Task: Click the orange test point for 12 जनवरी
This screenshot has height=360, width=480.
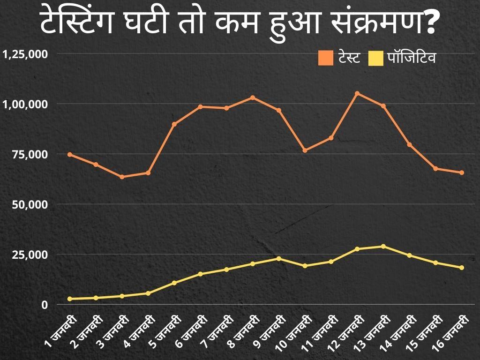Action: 357,93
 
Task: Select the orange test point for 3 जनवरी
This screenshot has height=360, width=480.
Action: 122,177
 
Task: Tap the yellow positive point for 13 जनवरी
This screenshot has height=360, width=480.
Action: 383,247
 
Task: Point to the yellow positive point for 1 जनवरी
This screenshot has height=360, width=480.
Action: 70,299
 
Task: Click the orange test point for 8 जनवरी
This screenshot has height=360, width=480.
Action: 253,97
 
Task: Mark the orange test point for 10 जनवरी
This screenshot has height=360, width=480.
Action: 305,150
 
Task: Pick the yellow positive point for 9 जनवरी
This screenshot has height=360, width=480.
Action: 278,258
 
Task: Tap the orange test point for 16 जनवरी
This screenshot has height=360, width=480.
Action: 462,172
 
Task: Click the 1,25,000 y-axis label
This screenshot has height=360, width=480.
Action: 25,54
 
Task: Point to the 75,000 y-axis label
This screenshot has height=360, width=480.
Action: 31,154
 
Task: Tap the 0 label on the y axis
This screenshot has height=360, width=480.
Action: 45,305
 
